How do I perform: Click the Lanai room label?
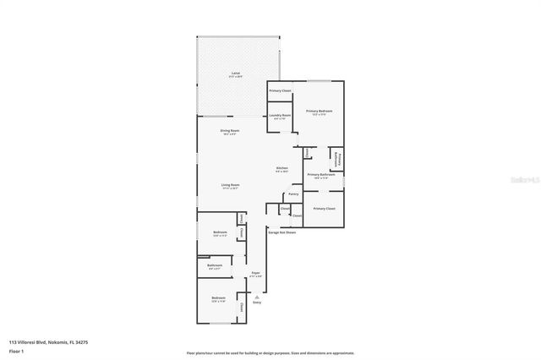235,74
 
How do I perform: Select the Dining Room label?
229,132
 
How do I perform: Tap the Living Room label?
230,186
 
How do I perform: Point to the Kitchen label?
282,169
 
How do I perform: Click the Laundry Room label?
280,116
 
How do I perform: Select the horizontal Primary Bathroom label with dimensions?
321,176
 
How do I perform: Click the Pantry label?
292,194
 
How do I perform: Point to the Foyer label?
255,274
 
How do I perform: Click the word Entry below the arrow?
257,303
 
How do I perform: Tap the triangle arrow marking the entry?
257,297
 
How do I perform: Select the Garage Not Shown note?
282,232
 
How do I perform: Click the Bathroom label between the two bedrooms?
215,266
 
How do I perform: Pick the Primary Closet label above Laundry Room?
280,90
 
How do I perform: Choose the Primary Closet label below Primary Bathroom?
324,208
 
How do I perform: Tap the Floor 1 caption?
16,351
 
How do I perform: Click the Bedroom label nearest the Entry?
218,299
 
